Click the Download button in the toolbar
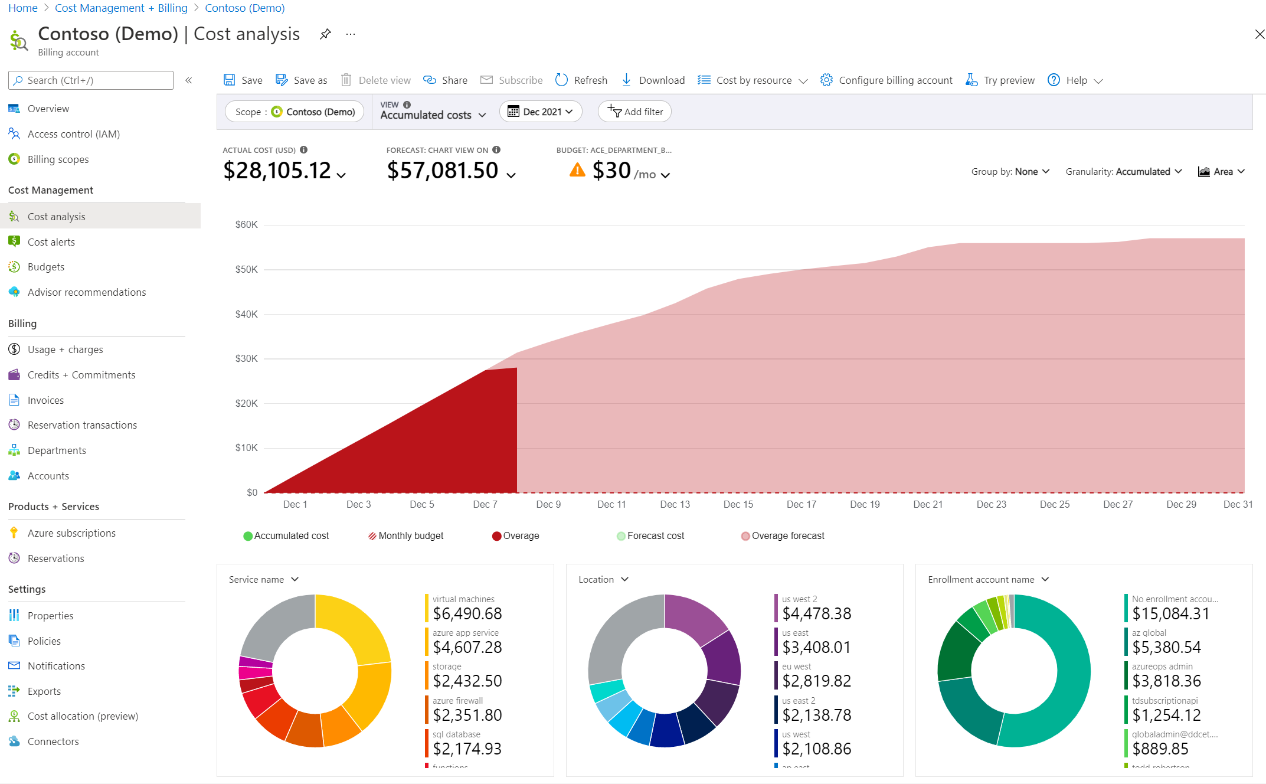tap(653, 80)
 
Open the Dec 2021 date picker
tap(540, 112)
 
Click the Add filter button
tap(634, 112)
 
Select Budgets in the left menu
tap(45, 267)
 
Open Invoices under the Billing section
tap(45, 400)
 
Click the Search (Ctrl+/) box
tap(91, 80)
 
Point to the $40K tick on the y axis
tap(246, 314)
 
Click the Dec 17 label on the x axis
tap(801, 504)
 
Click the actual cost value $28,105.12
tap(277, 171)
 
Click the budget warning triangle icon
tap(577, 171)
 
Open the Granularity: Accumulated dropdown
tap(1123, 171)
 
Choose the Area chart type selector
tap(1221, 171)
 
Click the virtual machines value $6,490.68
tap(467, 613)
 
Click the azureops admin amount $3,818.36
tap(1166, 681)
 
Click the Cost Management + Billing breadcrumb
tap(121, 8)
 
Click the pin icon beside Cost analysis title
tap(325, 34)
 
